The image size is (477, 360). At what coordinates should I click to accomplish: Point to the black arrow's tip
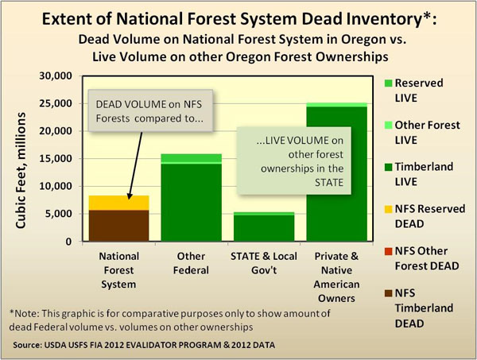[x=128, y=198]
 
